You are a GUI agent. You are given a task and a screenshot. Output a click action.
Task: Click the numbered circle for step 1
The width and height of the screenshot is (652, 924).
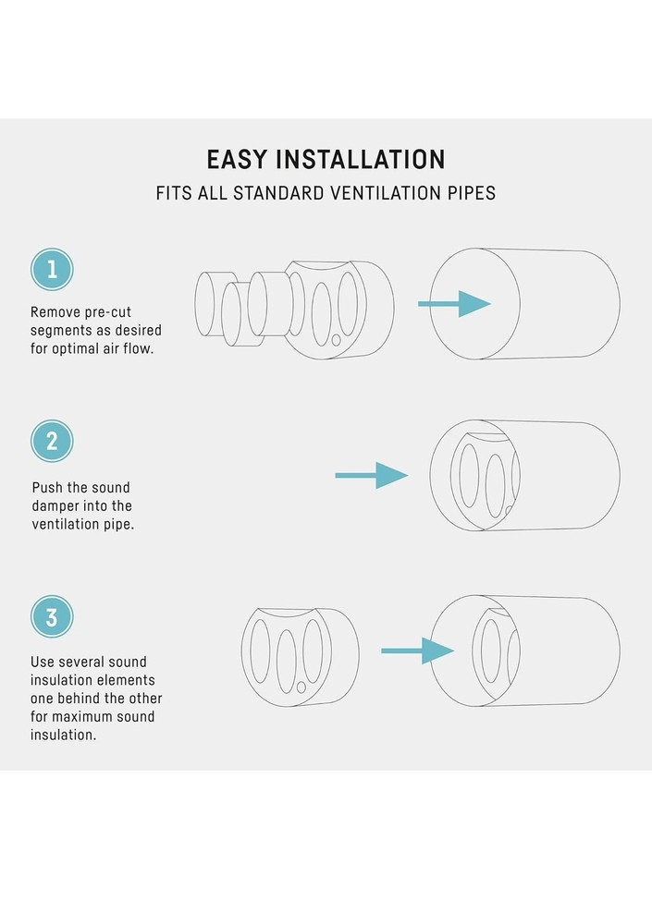[52, 269]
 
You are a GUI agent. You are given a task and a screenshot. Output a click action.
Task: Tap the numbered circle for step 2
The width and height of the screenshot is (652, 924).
[52, 441]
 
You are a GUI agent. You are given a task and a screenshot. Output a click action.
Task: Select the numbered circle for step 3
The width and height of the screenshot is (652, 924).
[52, 616]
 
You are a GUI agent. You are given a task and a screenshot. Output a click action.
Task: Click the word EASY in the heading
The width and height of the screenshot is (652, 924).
[236, 160]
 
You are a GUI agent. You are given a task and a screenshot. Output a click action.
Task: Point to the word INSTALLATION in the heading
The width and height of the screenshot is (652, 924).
[361, 160]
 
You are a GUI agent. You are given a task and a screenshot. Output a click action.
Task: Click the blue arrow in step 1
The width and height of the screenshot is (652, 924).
[454, 304]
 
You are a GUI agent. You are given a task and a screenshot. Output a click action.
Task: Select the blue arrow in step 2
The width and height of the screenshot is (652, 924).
[372, 476]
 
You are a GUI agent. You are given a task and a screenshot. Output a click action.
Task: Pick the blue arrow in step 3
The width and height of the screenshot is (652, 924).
[418, 651]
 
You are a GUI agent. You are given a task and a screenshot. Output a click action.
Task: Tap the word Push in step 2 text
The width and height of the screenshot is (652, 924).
[47, 488]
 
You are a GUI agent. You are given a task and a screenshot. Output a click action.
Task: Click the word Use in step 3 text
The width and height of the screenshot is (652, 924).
[42, 663]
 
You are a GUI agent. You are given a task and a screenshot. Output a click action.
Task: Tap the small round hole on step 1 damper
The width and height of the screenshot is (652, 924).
[336, 340]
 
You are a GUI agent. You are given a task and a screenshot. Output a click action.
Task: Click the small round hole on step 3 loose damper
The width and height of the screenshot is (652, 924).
[301, 687]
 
